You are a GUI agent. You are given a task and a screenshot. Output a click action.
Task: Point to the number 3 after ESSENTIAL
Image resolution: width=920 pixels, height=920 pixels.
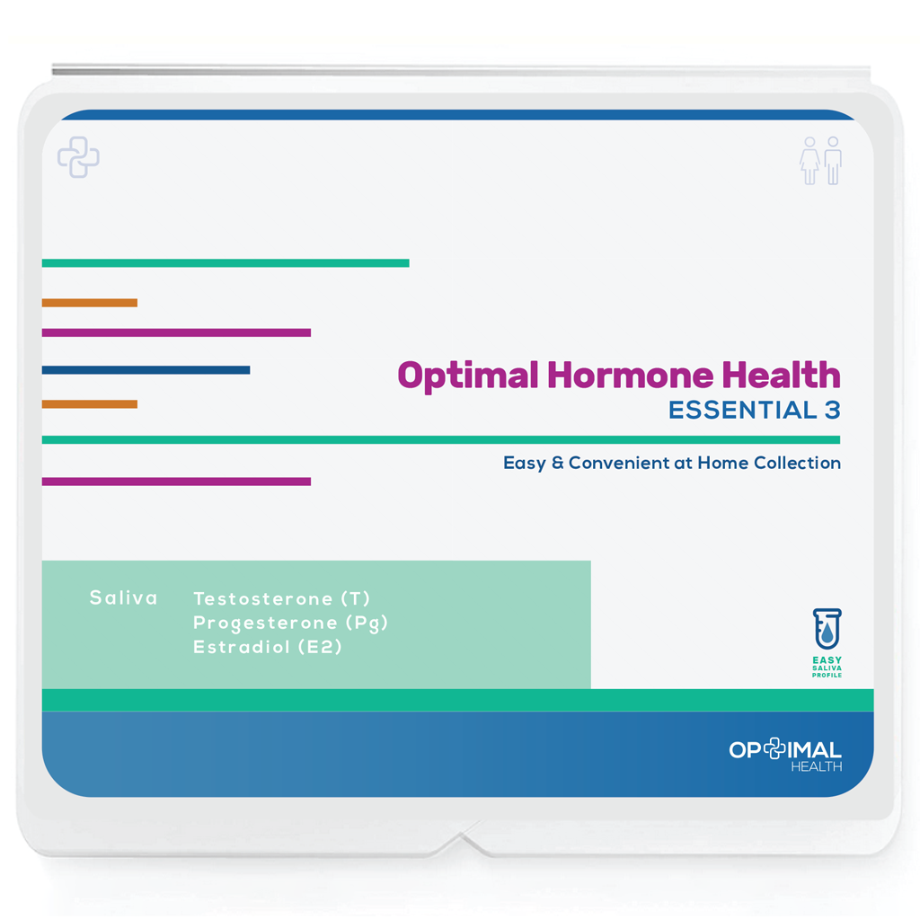(x=832, y=410)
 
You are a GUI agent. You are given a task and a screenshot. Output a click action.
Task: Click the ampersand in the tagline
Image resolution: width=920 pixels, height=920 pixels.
(x=555, y=464)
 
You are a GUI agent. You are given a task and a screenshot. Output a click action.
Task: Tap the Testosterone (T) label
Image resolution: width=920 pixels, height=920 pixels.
(x=281, y=598)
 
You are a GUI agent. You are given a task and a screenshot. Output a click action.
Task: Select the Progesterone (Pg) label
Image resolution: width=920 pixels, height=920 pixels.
(x=290, y=623)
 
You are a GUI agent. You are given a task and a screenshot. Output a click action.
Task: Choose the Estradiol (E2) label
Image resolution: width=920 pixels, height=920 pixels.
(x=268, y=647)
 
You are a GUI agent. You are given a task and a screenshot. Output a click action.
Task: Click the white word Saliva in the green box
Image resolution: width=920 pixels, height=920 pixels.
(x=123, y=597)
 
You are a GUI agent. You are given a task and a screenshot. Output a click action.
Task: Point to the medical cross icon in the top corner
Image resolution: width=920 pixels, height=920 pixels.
(x=78, y=157)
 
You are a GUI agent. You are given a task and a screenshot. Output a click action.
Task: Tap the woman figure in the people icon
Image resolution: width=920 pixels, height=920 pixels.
(x=809, y=161)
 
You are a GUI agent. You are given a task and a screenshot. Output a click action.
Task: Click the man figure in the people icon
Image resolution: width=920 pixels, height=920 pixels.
(x=833, y=161)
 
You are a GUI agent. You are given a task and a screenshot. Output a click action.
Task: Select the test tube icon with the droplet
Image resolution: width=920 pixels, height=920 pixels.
(x=827, y=629)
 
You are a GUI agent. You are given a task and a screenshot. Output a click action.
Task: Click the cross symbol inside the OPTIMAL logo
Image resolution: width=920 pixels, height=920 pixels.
(x=774, y=749)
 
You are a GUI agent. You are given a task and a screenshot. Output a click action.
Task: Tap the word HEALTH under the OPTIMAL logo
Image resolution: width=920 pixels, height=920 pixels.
(x=816, y=766)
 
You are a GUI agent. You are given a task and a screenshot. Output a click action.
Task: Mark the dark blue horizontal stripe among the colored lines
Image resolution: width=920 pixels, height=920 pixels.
(x=146, y=370)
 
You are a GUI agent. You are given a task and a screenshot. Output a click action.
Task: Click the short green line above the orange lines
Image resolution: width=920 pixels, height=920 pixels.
(x=225, y=263)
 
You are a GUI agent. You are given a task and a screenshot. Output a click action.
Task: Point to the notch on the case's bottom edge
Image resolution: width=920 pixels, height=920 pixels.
(x=464, y=840)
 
